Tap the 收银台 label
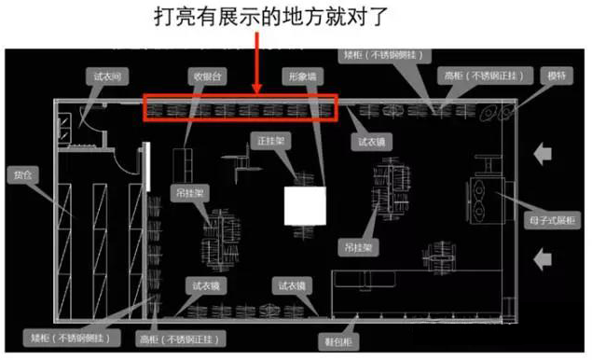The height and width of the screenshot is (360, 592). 207,76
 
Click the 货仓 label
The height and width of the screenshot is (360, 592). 22,173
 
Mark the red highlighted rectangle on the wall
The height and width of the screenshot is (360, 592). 239,109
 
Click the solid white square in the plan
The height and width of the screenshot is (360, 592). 304,204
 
